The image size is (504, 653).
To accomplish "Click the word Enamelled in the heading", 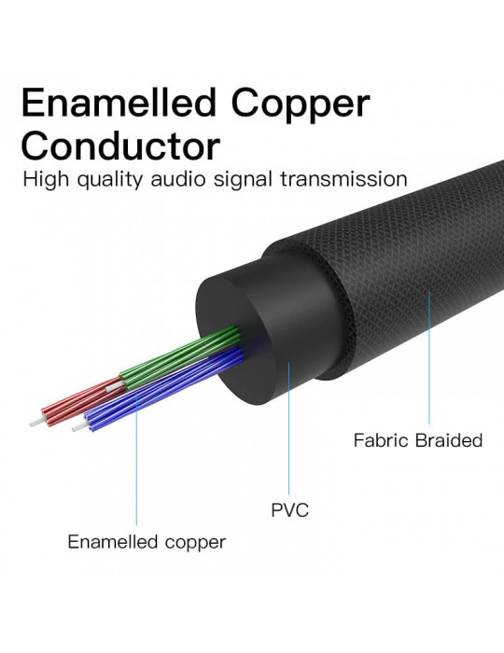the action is [x=119, y=103].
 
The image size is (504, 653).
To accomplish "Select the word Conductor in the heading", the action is [x=120, y=146].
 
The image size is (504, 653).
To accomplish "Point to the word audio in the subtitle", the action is [x=178, y=179].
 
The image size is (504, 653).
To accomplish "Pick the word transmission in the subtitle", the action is [x=343, y=179].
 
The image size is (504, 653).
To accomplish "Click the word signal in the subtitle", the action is [x=243, y=180].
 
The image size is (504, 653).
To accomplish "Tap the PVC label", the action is [x=290, y=509].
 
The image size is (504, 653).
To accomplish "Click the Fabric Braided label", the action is [x=418, y=440].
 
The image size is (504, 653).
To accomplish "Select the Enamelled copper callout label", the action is [x=147, y=543].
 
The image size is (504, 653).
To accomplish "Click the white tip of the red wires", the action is [x=36, y=423].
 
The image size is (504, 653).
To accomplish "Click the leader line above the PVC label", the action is [x=288, y=428].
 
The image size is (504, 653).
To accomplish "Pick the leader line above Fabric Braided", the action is [x=429, y=357].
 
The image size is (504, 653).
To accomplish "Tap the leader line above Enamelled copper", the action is [x=136, y=459].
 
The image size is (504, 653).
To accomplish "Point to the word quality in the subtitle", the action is [x=110, y=180].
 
